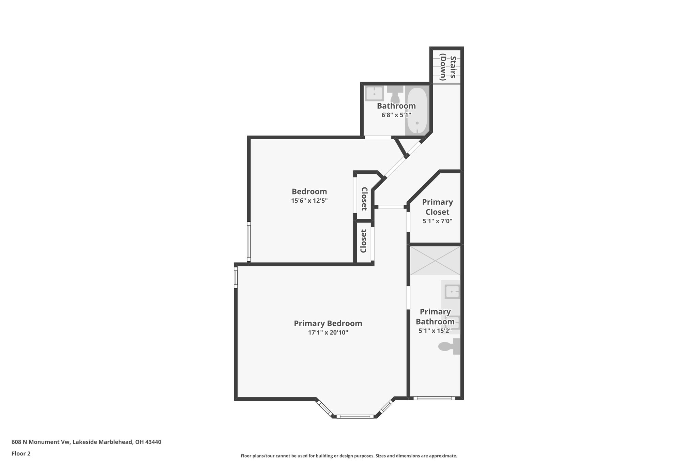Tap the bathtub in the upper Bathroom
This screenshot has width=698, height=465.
(417, 111)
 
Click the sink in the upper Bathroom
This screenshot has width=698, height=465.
(374, 93)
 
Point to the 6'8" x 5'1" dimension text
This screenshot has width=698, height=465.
(396, 115)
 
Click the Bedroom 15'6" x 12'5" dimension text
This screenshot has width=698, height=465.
(309, 201)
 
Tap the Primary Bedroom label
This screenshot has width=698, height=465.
(328, 323)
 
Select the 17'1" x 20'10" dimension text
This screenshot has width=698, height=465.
(328, 332)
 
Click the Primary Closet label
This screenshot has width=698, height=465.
(437, 207)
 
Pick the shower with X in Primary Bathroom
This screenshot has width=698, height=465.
(435, 261)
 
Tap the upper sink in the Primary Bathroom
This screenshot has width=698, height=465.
(452, 292)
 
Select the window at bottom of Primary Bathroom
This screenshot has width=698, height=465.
(434, 398)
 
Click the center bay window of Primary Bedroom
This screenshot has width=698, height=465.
(355, 416)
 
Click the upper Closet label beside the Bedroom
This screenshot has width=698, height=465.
(364, 199)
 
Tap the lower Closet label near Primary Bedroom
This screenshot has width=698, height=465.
(363, 241)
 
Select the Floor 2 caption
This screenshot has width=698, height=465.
(21, 453)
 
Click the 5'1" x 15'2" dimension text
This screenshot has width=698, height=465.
(435, 331)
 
